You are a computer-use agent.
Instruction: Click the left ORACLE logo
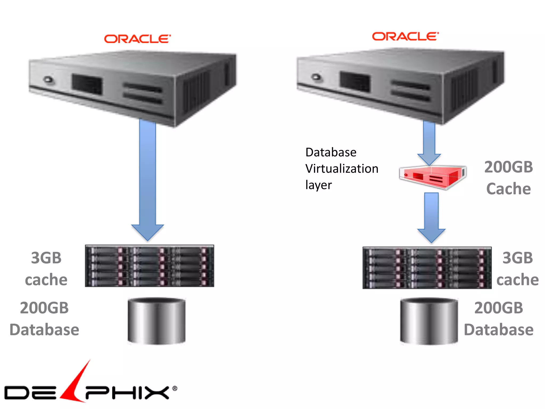click(137, 39)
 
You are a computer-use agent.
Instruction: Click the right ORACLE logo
click(405, 36)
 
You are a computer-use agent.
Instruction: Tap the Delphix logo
click(90, 389)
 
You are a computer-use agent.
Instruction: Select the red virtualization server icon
click(433, 177)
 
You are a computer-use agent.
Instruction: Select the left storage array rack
click(150, 266)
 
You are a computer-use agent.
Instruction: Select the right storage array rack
click(427, 268)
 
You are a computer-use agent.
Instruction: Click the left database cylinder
click(156, 321)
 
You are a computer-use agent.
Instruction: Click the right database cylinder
click(429, 321)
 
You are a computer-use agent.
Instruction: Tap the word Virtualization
click(342, 169)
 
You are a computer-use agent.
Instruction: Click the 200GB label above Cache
click(509, 167)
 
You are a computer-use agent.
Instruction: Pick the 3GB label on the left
click(46, 258)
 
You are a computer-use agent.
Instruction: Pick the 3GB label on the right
click(518, 258)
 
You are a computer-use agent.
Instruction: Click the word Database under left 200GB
click(44, 330)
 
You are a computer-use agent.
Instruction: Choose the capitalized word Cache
click(509, 189)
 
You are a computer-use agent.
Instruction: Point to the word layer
click(319, 185)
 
